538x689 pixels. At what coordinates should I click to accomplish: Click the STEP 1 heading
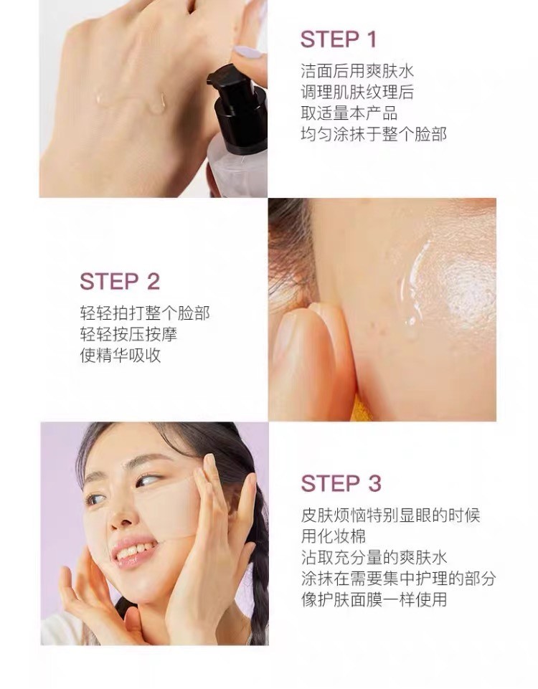point(339,39)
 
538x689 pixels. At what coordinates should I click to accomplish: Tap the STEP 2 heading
point(120,281)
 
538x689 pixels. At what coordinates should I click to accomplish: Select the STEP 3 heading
point(341,483)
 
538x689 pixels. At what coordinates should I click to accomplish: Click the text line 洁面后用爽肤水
point(357,71)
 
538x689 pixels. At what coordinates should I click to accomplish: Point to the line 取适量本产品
point(349,113)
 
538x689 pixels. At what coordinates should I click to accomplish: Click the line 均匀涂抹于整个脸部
point(374,135)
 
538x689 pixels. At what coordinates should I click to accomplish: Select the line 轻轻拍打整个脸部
point(145,313)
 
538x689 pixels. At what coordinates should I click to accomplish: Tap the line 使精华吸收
point(121,356)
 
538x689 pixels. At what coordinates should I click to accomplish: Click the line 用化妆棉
point(333,536)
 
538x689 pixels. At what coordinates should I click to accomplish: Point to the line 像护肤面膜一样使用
point(374,600)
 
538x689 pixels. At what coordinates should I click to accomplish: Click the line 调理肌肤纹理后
point(357,92)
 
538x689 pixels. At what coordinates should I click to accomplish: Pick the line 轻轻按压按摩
point(129,334)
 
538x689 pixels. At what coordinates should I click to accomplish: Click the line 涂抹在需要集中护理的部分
point(398,579)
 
